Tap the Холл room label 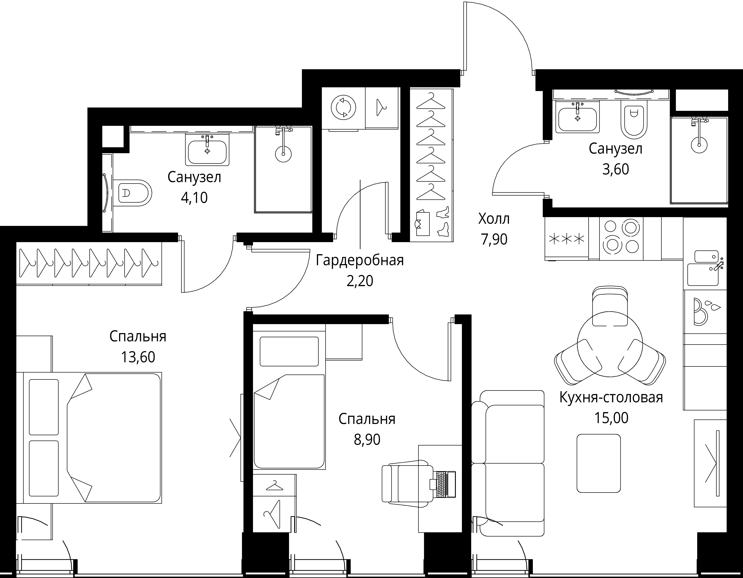tap(494, 219)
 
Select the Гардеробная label tap(360, 261)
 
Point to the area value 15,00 tap(611, 417)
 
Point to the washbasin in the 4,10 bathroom tap(207, 150)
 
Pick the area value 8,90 tap(367, 440)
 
